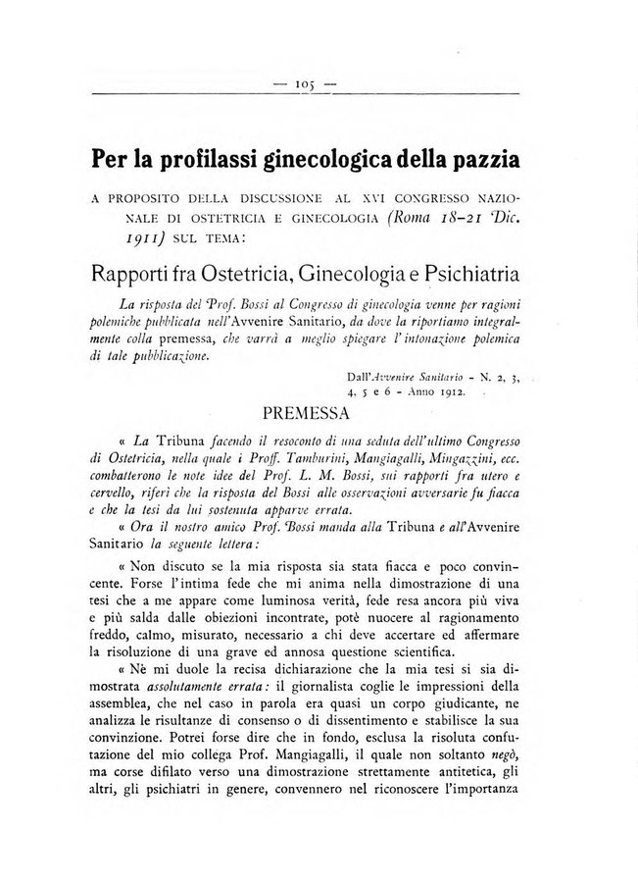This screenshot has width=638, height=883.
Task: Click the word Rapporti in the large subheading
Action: [x=135, y=275]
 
